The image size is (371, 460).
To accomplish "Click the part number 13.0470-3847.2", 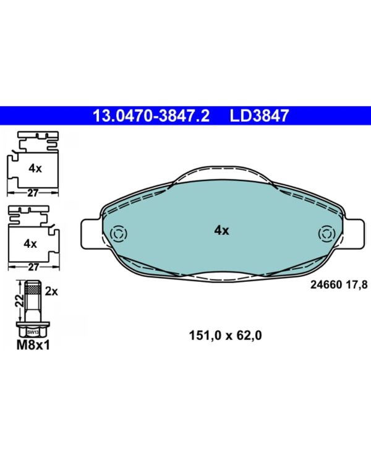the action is click(151, 116).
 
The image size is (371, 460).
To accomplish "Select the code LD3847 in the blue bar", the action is click(259, 116).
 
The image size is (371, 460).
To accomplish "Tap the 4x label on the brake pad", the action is click(221, 231).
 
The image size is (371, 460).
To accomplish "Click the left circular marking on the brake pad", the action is click(119, 234).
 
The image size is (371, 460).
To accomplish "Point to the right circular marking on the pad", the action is click(327, 234).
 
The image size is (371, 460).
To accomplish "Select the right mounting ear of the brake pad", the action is click(354, 234).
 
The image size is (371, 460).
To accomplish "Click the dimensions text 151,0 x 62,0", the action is click(225, 335).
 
